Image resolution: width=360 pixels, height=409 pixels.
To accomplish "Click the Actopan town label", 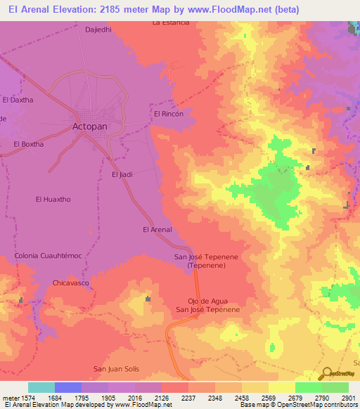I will (x=90, y=127).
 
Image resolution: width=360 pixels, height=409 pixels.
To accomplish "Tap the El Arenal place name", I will (x=157, y=230).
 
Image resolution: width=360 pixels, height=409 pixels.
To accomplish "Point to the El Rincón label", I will (x=169, y=114).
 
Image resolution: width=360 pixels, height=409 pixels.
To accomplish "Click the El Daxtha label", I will (x=18, y=100).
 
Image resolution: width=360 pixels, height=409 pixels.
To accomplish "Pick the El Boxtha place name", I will (x=28, y=144).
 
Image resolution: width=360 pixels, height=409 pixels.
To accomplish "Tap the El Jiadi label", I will (x=122, y=174).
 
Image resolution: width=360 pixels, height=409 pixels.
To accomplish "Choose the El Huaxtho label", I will (x=53, y=200).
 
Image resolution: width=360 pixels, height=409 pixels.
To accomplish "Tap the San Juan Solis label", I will (x=117, y=369).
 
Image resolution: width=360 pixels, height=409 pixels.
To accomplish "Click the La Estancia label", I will (x=171, y=22).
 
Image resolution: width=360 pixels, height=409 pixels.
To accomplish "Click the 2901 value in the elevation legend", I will (x=348, y=398).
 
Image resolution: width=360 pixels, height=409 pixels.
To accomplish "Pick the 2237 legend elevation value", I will (x=188, y=398).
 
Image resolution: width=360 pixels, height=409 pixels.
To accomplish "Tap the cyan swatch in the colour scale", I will (x=41, y=387).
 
